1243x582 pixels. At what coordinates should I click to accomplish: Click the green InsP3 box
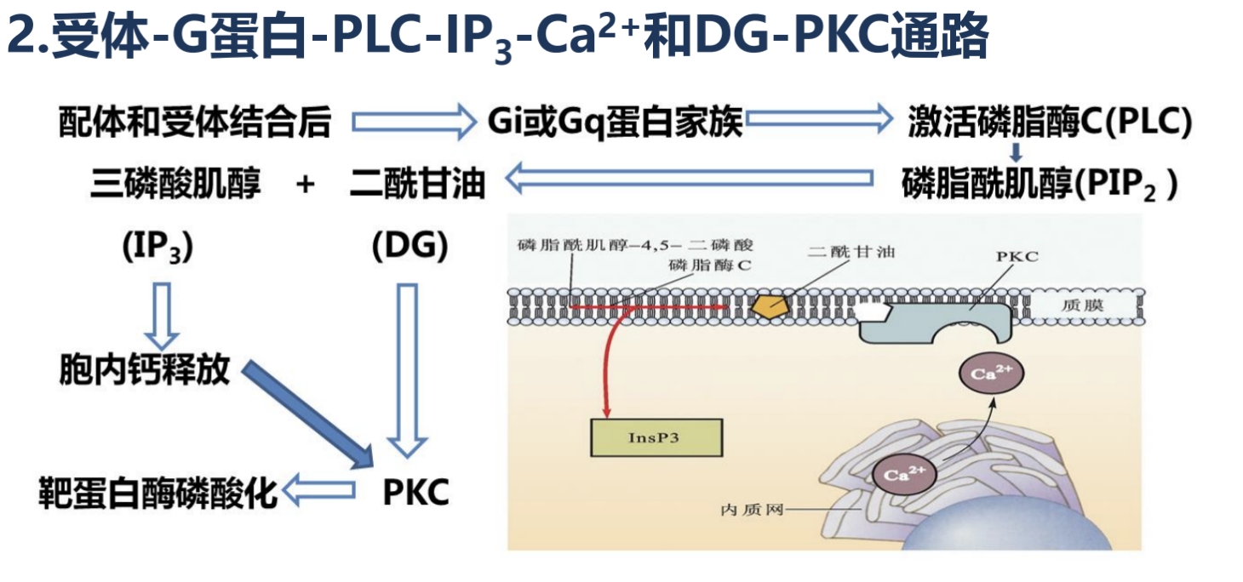(656, 437)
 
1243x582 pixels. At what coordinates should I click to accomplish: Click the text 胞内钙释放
(144, 371)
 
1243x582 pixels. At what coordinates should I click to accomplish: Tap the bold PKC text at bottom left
(415, 492)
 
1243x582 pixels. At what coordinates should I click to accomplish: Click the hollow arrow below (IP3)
(160, 314)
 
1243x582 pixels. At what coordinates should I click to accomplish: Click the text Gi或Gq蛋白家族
(615, 123)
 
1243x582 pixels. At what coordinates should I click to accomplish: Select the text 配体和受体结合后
(195, 123)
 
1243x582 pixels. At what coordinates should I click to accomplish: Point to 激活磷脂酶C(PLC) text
(1049, 123)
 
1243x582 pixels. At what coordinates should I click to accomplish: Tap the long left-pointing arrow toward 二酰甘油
(690, 179)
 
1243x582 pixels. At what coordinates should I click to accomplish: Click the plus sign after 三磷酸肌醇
(306, 183)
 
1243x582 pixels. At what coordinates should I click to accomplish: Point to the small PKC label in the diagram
(1017, 256)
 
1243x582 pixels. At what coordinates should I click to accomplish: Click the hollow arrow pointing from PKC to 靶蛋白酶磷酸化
(319, 491)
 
